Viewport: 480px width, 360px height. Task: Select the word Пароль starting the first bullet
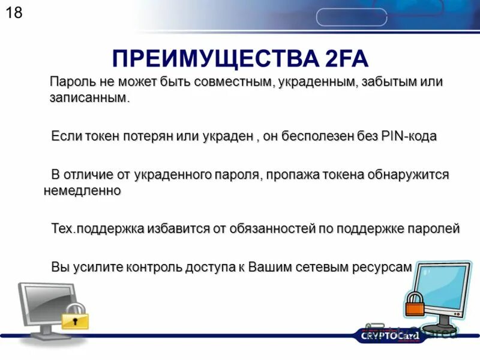click(71, 82)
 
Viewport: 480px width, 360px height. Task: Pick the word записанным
click(89, 97)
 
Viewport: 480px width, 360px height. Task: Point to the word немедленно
click(83, 190)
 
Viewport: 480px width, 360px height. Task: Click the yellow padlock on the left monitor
click(75, 316)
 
